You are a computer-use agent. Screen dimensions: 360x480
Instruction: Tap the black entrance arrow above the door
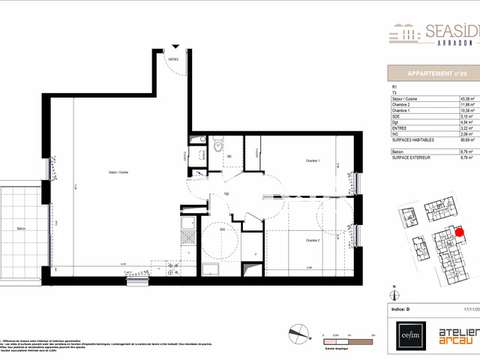[x=174, y=46]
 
